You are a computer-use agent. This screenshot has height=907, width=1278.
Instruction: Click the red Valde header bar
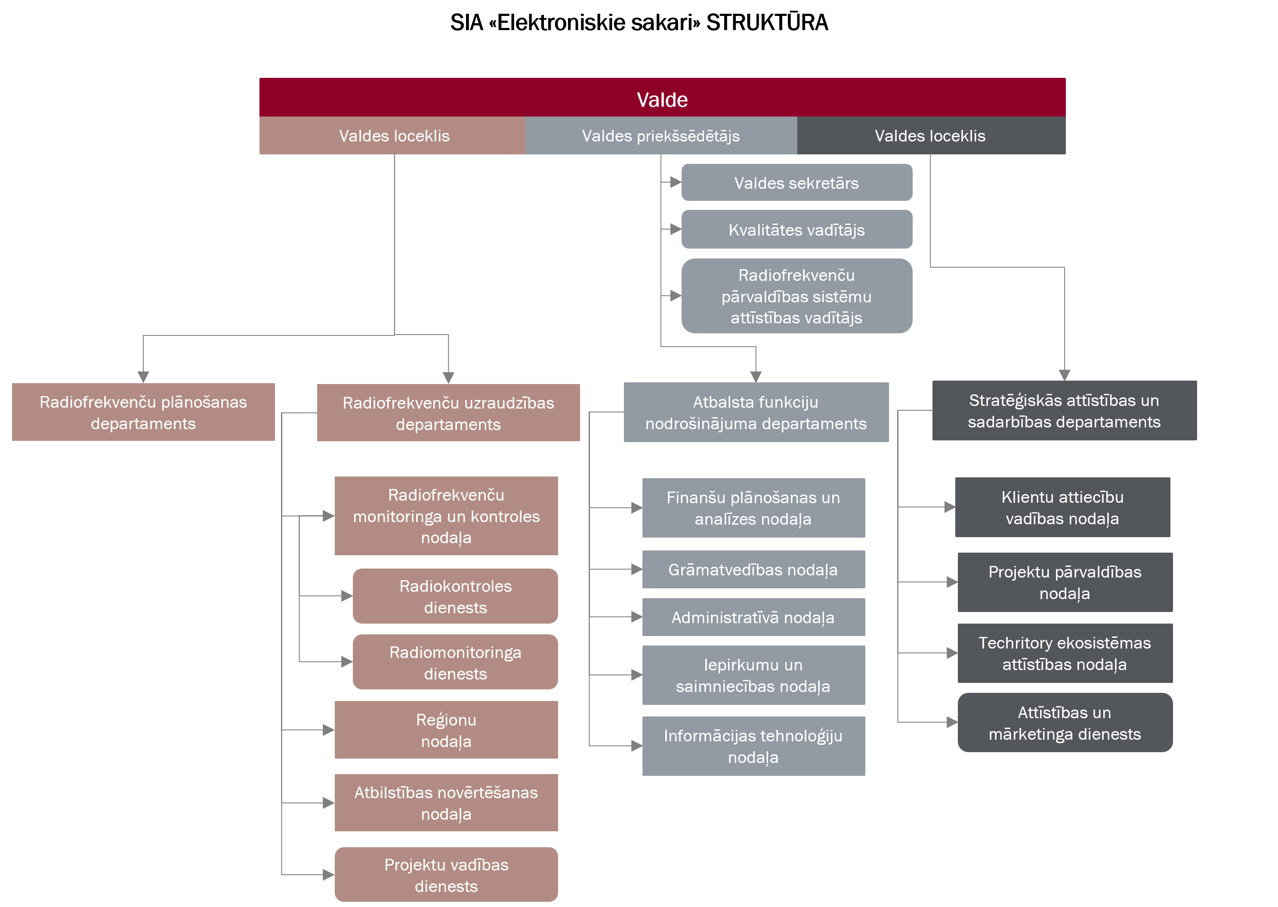[662, 98]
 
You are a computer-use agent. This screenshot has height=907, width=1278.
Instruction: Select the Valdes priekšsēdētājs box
[661, 136]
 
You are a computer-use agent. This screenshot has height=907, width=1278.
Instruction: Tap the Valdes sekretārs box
[796, 183]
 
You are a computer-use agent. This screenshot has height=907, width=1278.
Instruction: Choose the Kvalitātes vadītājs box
[796, 230]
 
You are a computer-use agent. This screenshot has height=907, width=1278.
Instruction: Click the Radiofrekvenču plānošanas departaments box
[143, 412]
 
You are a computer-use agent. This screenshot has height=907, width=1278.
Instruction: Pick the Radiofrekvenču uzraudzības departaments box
[448, 413]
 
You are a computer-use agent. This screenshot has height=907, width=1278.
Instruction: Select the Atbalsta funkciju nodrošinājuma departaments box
[756, 412]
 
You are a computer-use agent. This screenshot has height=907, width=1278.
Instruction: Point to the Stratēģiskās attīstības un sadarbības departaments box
[1064, 411]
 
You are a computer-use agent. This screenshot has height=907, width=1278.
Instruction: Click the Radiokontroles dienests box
[455, 596]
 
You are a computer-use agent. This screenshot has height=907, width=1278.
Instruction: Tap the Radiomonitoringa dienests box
[455, 662]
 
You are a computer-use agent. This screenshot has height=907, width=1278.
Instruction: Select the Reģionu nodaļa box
[446, 730]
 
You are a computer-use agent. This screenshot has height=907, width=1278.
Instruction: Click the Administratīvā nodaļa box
[753, 617]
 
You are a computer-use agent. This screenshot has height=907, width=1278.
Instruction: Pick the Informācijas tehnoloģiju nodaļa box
[753, 746]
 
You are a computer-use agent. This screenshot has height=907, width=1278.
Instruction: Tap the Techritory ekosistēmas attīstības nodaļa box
[1065, 653]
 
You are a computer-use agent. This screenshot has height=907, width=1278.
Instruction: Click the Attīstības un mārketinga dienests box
[1065, 723]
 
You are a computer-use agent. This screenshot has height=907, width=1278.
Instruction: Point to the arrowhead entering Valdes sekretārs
[676, 182]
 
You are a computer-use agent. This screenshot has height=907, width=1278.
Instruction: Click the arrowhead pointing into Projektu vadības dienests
[329, 875]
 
